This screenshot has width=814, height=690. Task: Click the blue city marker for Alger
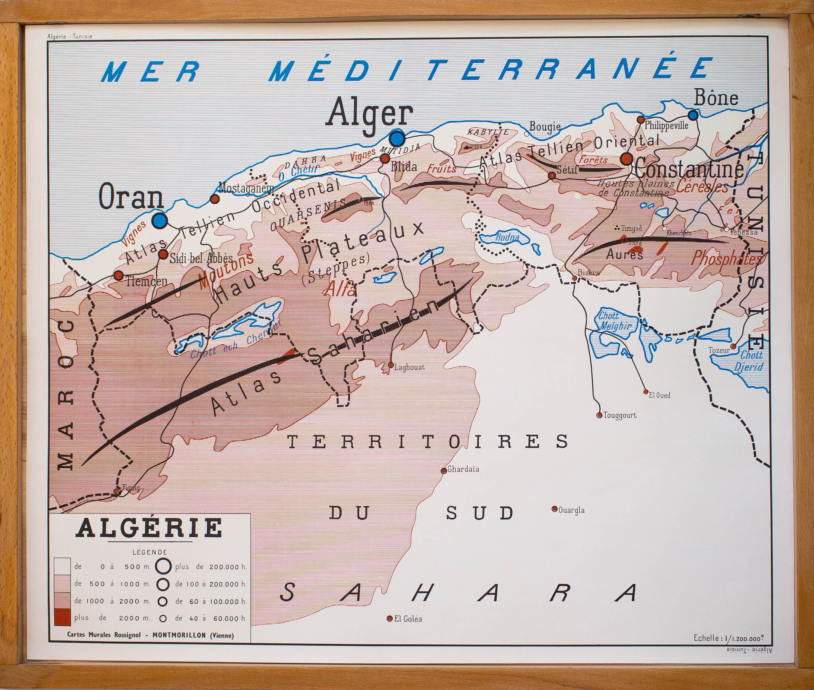pos(397,138)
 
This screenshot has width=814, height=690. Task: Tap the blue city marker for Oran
pos(160,221)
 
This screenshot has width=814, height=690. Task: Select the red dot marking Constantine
pos(627,159)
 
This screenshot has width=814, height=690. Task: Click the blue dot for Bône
pos(693,115)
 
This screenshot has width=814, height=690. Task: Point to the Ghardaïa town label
pos(463,469)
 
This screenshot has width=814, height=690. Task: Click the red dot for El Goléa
pos(390,618)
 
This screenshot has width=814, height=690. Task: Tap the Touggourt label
pos(619,415)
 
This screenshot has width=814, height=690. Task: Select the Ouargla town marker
pos(554,509)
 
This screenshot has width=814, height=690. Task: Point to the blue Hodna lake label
pos(507,237)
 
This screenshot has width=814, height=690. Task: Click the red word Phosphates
pos(726,258)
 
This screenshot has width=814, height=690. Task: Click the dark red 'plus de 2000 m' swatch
pos(62,618)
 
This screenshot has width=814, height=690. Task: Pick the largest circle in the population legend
pos(163,566)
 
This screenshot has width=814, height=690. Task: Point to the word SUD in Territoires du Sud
pos(480,513)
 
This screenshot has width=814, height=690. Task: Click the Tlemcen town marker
pos(118,275)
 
